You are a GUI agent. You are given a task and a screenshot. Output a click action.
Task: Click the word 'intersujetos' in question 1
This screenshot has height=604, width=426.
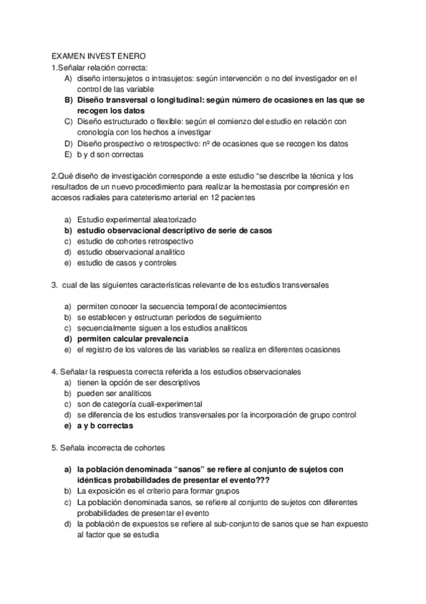coord(122,78)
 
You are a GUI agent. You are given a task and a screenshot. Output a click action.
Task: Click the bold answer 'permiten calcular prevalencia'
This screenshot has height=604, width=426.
coord(133,338)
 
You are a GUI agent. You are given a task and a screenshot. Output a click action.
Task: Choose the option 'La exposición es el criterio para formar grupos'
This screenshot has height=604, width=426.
coord(157,491)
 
